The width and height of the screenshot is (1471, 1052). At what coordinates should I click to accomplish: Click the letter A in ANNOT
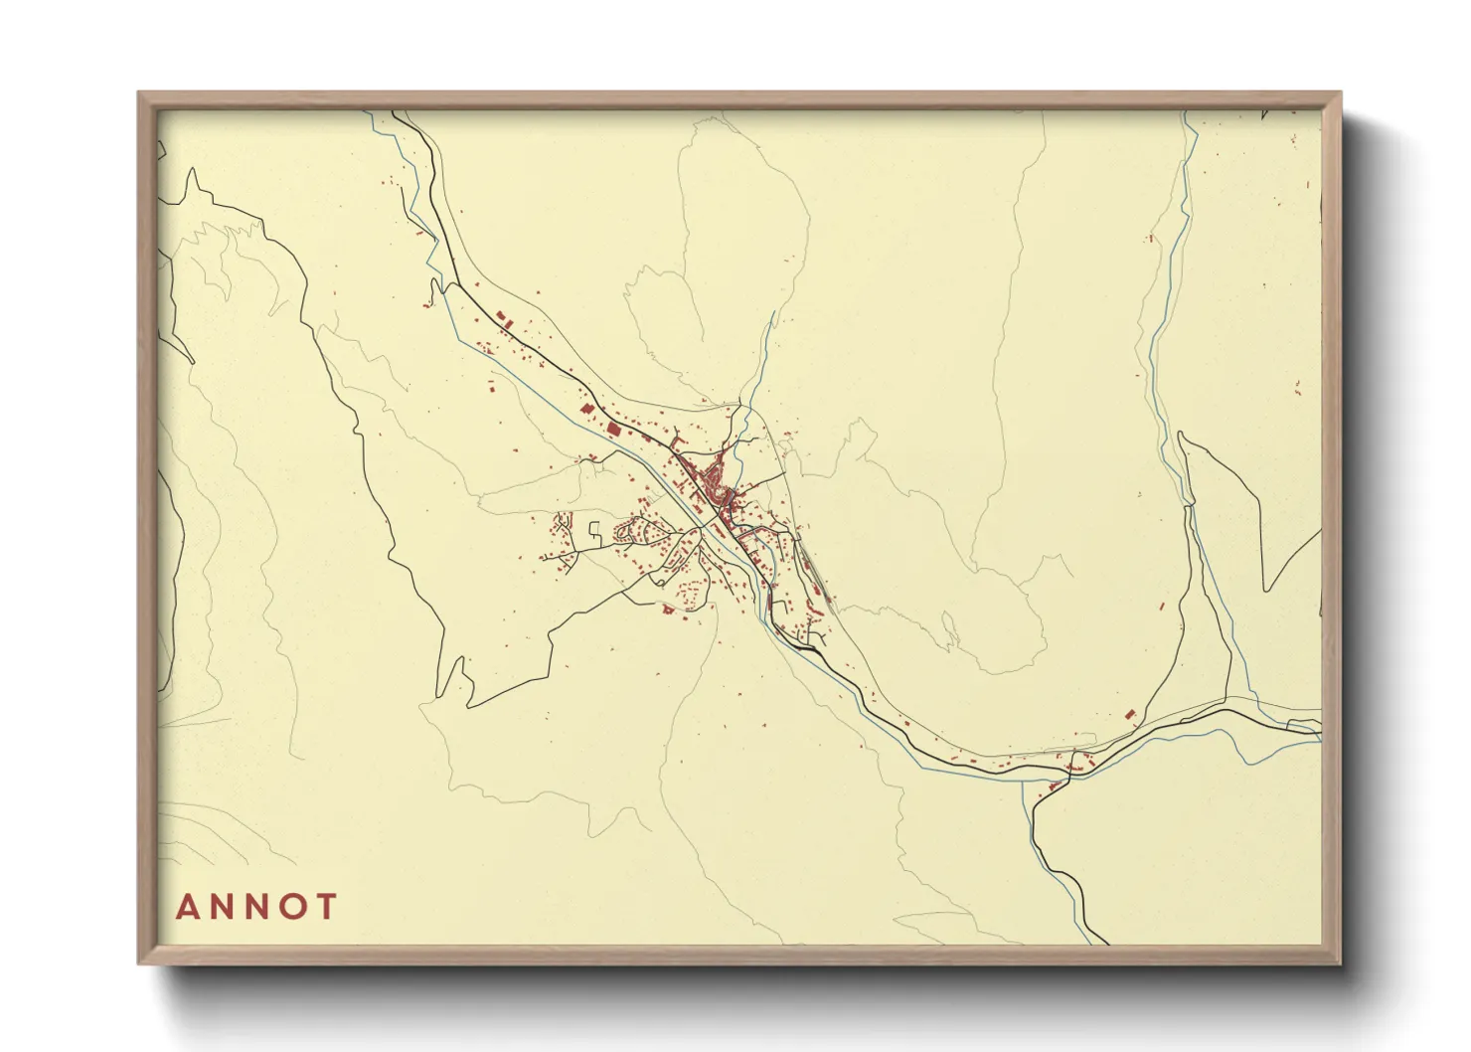pos(187,907)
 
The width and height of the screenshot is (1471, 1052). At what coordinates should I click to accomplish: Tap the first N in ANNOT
pos(223,907)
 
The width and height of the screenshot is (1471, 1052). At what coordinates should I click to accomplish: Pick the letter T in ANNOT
pos(327,907)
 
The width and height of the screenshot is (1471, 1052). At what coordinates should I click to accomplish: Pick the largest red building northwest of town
pos(612,430)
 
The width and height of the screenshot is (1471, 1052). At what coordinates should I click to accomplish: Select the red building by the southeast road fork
pos(1129,714)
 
